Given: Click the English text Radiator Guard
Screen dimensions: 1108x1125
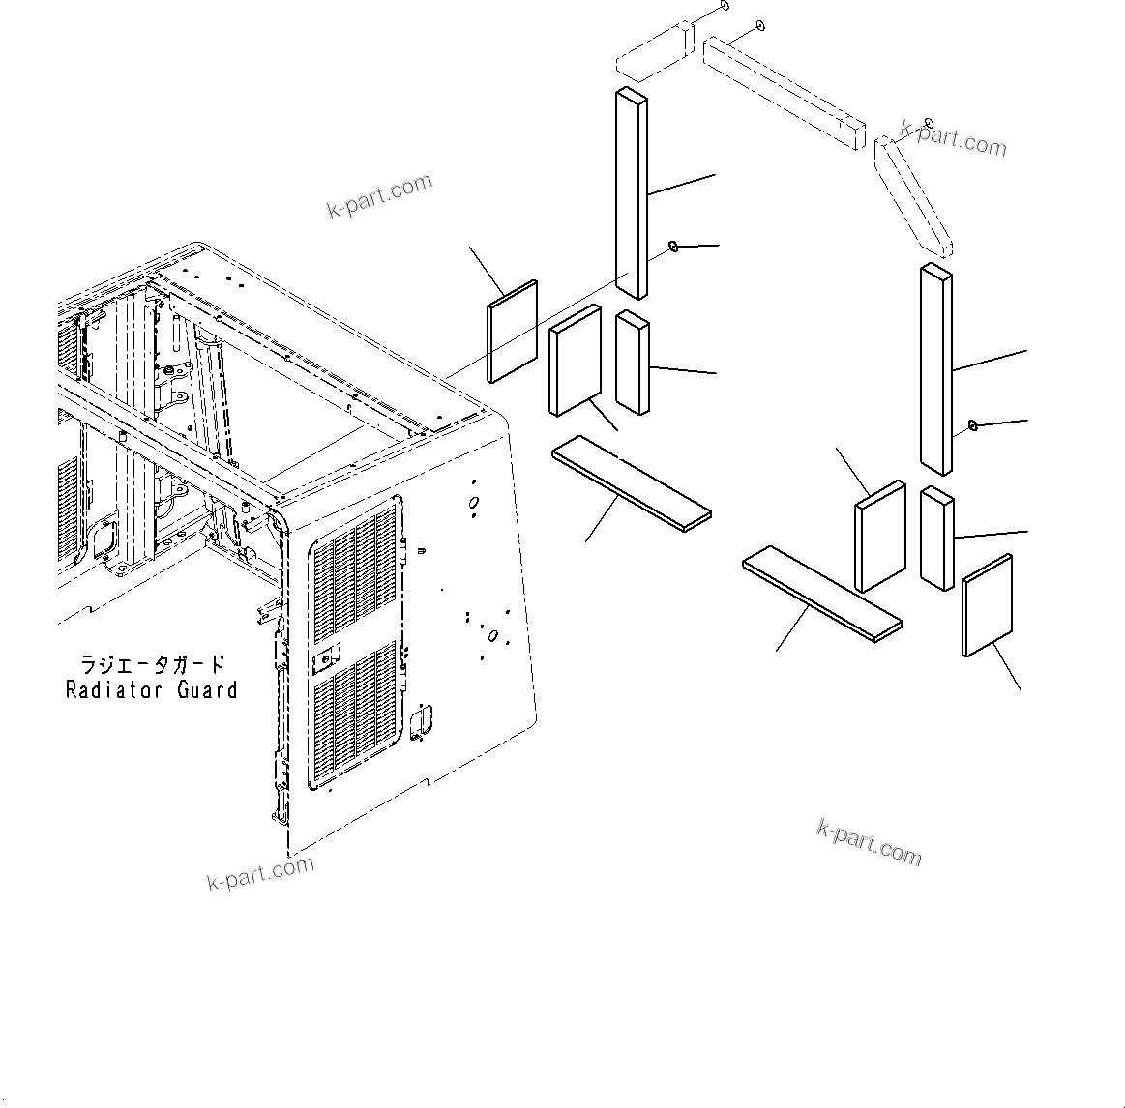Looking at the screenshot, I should point(151,689).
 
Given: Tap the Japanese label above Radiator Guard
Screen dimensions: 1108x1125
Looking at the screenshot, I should point(151,664).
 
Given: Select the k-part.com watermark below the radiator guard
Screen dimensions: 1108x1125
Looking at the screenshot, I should point(260,873).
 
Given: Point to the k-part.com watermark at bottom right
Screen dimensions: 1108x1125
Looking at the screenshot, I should point(869,843).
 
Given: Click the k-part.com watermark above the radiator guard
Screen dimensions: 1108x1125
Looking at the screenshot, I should point(379,196).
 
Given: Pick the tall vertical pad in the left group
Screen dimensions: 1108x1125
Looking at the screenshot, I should point(631,192).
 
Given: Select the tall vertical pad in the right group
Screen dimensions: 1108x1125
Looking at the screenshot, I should point(935,370).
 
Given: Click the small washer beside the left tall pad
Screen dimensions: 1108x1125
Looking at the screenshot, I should point(673,248).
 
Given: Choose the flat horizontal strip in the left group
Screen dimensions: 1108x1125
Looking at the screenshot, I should point(631,482).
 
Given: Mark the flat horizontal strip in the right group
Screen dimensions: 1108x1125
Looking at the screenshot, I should point(821,594).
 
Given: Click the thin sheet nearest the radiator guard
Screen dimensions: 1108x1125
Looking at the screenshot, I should point(512,332).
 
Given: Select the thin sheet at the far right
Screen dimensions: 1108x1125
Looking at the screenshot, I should point(987,606).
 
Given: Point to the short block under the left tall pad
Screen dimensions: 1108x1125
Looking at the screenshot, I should point(633,362).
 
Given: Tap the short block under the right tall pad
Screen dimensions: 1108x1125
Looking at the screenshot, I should point(936,538).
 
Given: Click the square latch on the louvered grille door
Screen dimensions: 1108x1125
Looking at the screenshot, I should point(326,657).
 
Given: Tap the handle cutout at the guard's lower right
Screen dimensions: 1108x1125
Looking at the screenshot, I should point(422,726).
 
